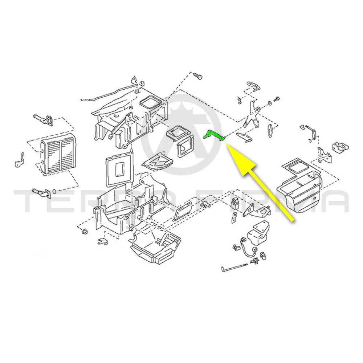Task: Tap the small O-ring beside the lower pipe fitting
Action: pyautogui.click(x=54, y=192)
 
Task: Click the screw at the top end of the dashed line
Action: pyautogui.click(x=197, y=77)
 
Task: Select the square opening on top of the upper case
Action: pyautogui.click(x=150, y=103)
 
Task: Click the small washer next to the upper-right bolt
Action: pyautogui.click(x=270, y=103)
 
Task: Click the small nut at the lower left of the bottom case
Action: pyautogui.click(x=85, y=231)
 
